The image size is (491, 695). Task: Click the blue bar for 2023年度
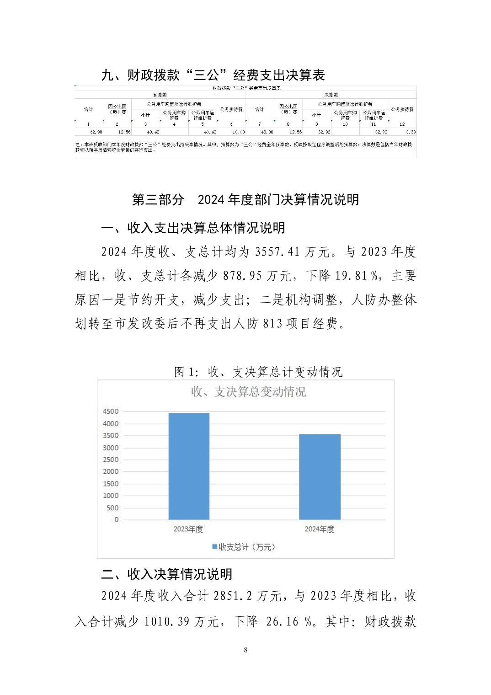coord(189,466)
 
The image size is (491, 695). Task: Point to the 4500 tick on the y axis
coord(111,412)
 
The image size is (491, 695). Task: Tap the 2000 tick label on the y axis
coord(111,471)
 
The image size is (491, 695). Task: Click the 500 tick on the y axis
coord(112,508)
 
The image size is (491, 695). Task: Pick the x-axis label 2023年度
coord(188,529)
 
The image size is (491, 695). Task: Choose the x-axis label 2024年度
coord(320,529)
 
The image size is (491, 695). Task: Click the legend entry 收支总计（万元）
coord(244,547)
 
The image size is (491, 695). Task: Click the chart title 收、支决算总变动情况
coord(248,392)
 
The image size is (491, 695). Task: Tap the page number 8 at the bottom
coord(246,650)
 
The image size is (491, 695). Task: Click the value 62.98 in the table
coord(96,132)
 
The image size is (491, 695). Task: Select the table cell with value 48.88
coord(267,132)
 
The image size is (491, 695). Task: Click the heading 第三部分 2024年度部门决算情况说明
coord(245,200)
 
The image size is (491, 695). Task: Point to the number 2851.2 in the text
coord(233,596)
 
